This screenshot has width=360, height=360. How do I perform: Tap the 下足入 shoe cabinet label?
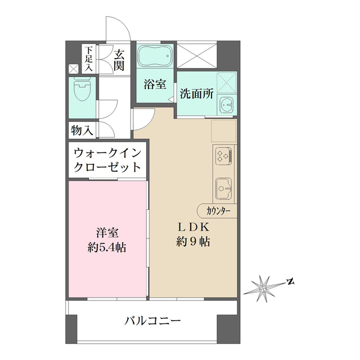click(x=89, y=58)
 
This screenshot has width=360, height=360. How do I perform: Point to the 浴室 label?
click(x=155, y=85)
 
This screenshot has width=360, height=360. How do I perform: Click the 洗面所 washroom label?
click(x=196, y=94)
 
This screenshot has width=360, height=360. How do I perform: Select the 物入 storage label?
click(x=82, y=130)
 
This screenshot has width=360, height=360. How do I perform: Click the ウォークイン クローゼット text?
click(x=106, y=159)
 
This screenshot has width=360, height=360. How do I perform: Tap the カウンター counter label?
click(x=218, y=211)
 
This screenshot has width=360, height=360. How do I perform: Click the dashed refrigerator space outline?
click(x=224, y=130)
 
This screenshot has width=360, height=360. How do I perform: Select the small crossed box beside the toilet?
click(x=73, y=69)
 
